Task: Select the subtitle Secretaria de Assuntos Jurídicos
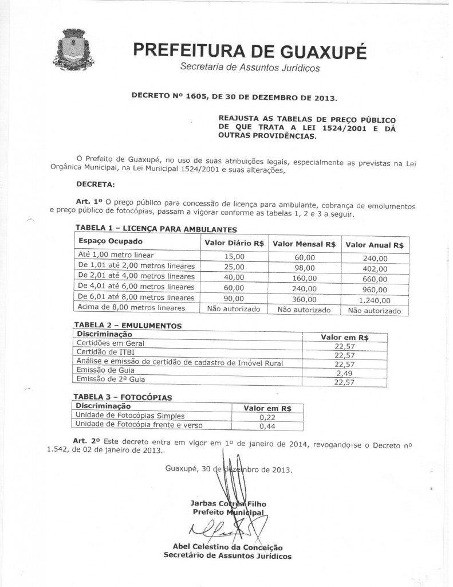click(250, 68)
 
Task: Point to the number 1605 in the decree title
click(206, 97)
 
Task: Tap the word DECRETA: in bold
click(95, 184)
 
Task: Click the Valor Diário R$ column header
click(234, 244)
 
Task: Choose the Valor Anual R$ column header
click(375, 245)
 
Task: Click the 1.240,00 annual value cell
click(375, 300)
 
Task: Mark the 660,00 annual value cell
click(375, 279)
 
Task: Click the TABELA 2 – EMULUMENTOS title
click(128, 325)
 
